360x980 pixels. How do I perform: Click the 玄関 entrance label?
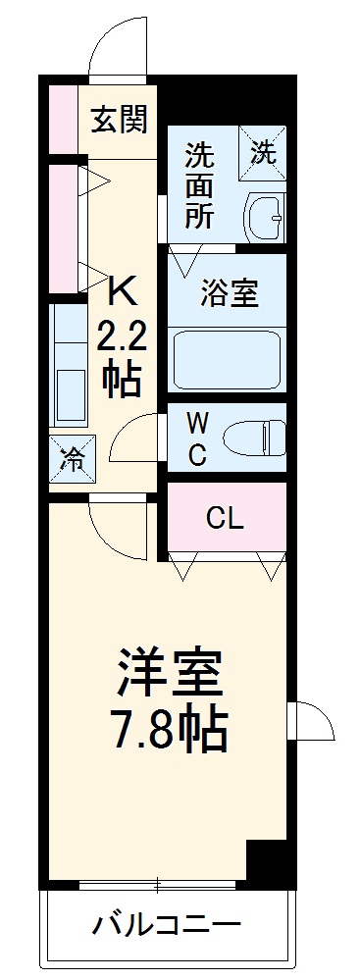tap(120, 120)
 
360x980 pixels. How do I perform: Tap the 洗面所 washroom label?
tap(199, 186)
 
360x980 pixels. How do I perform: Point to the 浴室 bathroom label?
tap(230, 293)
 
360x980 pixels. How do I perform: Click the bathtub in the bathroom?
tap(228, 360)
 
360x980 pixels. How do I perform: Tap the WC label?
tap(197, 438)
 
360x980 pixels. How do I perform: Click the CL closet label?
tap(225, 517)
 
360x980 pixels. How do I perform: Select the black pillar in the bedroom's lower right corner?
tap(270, 863)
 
